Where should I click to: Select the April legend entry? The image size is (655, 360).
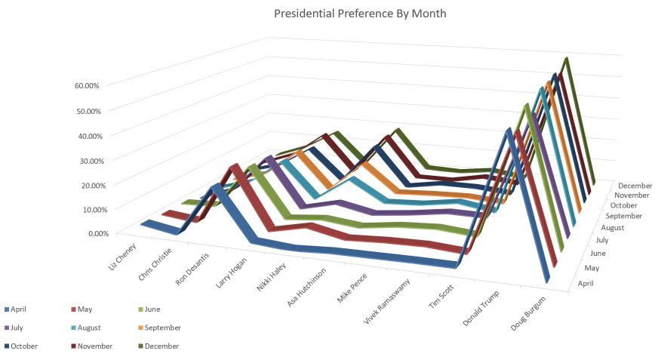[20, 309]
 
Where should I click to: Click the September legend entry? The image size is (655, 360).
[163, 328]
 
